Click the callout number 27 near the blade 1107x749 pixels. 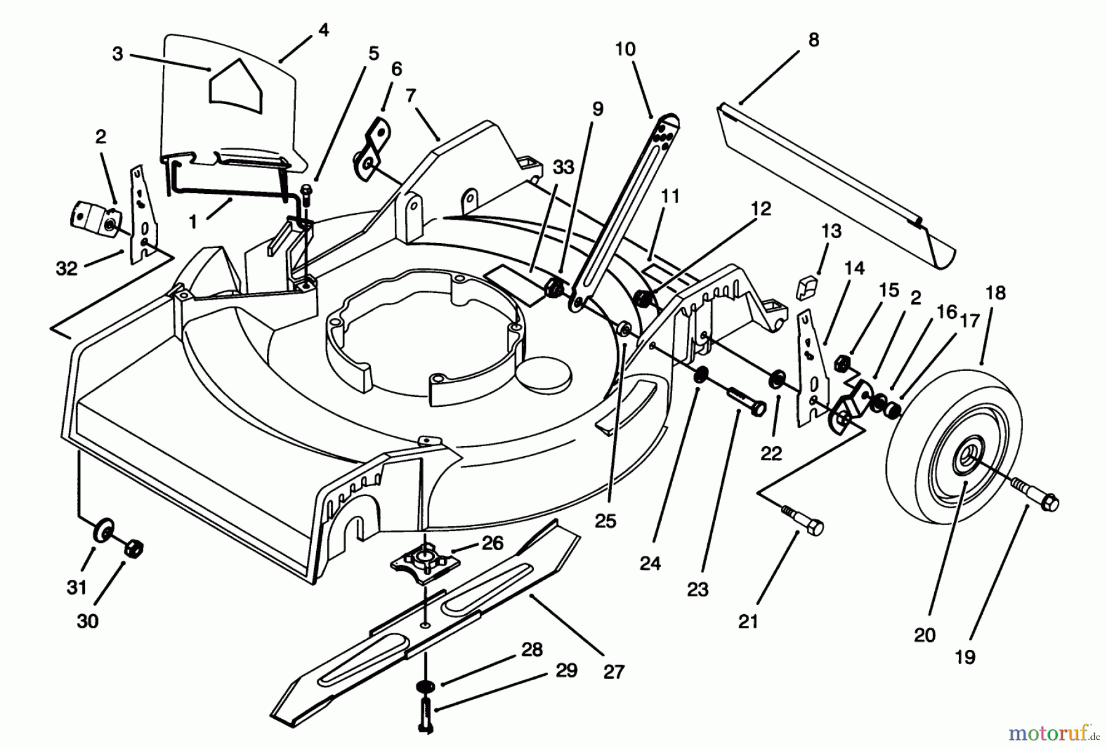click(613, 672)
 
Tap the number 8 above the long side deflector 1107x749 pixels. click(814, 41)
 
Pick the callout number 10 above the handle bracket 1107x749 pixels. click(625, 49)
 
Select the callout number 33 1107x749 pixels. click(563, 167)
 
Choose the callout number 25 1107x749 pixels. click(605, 521)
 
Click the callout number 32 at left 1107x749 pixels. click(66, 268)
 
